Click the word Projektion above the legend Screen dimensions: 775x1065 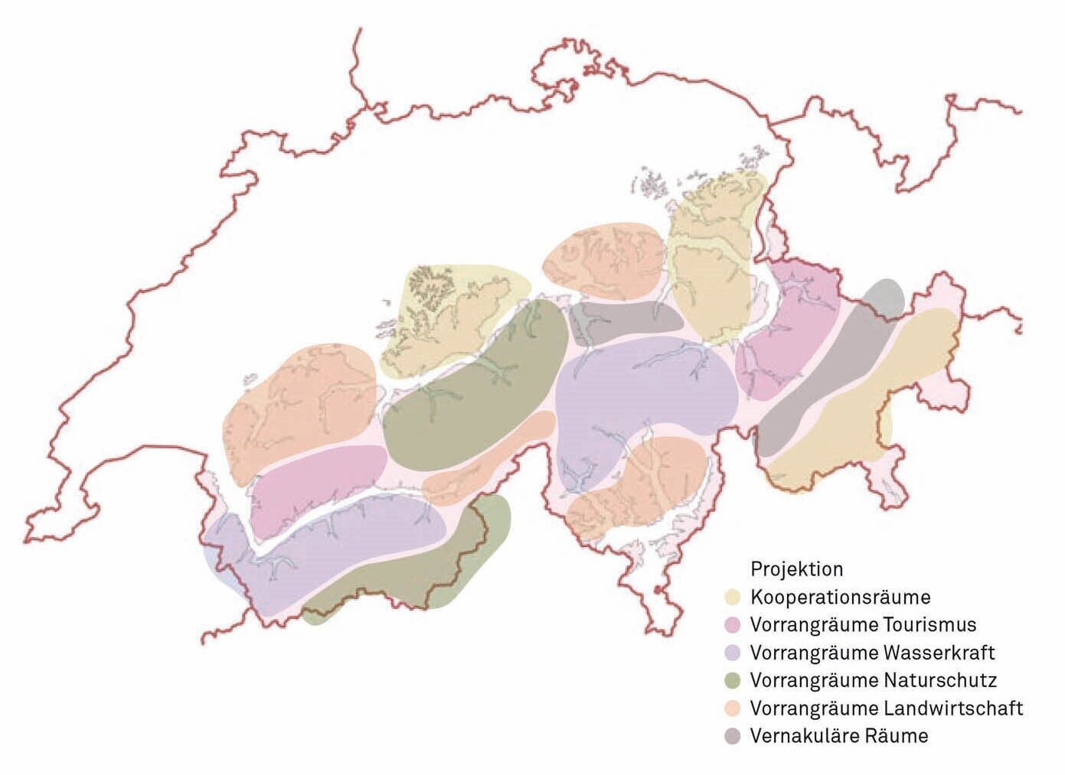[796, 569]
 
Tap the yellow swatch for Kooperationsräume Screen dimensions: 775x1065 [733, 597]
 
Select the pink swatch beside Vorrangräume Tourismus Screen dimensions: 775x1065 [733, 625]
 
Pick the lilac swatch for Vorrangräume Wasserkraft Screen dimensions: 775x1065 [733, 653]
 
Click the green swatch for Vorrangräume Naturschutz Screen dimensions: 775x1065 [733, 680]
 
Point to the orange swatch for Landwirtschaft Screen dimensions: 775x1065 [733, 708]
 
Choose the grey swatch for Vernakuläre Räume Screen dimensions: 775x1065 [733, 736]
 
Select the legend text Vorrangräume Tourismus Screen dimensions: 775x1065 [864, 625]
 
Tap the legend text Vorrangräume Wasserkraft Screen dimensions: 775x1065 [873, 653]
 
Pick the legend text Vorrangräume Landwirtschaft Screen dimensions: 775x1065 [887, 708]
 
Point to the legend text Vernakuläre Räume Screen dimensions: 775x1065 [839, 736]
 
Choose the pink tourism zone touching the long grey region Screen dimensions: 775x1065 [785, 329]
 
